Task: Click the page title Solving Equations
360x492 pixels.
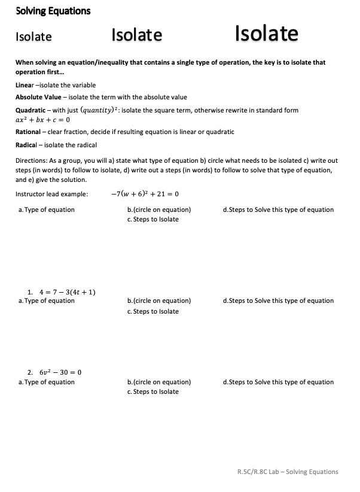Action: [x=53, y=11]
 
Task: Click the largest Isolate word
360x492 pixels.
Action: [x=266, y=34]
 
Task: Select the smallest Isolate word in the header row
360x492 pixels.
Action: [x=33, y=37]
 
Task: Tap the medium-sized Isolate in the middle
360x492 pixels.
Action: [x=136, y=35]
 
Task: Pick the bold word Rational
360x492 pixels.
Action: [x=28, y=132]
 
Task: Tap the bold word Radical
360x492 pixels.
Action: [x=27, y=145]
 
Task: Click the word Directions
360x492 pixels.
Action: [x=32, y=161]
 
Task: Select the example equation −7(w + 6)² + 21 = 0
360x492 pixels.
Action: [x=145, y=194]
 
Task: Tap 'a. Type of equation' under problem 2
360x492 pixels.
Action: [x=47, y=382]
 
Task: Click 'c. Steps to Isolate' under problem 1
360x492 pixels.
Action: [x=153, y=311]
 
